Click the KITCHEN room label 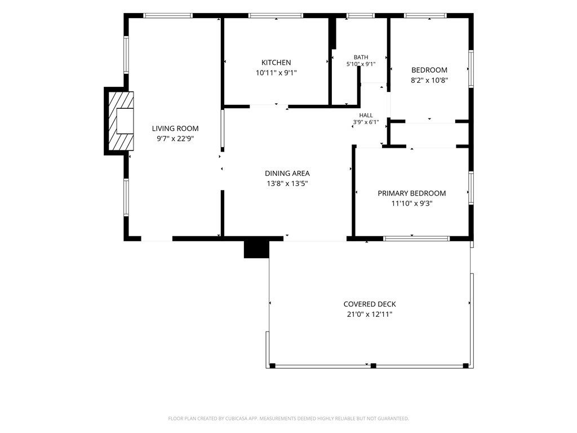pos(276,63)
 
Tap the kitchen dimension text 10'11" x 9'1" pos(276,73)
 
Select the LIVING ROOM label pos(175,129)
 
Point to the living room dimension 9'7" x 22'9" pos(175,139)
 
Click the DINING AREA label pos(287,174)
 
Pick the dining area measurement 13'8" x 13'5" pos(287,184)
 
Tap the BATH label pos(361,57)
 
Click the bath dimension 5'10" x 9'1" pos(361,64)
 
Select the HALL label pos(366,115)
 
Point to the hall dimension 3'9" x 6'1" pos(366,122)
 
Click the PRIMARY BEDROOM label pos(412,193)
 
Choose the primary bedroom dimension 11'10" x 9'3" pos(412,204)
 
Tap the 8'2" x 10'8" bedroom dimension pos(429,80)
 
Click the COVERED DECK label pos(370,304)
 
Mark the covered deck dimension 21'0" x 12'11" pos(370,315)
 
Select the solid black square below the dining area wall pos(256,250)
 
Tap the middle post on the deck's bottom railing pos(373,365)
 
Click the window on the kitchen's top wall pos(276,15)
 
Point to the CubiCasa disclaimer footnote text pos(288,419)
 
